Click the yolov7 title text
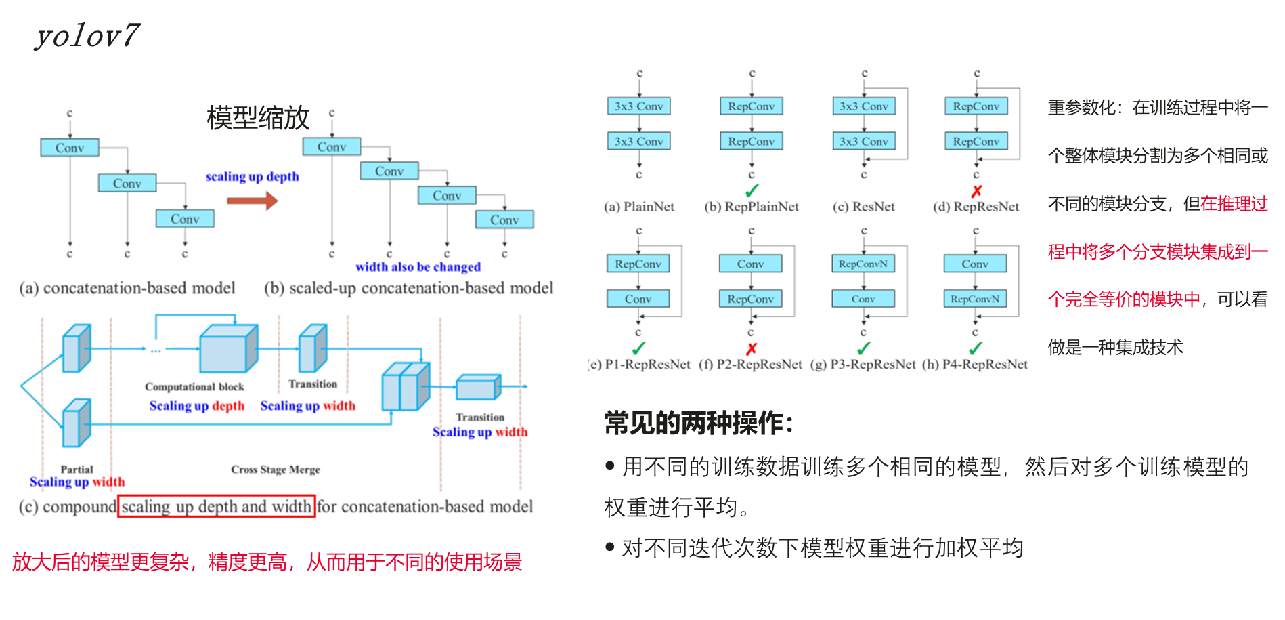(87, 35)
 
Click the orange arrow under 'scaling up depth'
(252, 201)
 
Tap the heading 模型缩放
(258, 118)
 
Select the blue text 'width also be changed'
(418, 267)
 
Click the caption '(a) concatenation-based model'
(127, 288)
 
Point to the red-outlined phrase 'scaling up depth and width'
(217, 506)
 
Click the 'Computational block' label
(194, 387)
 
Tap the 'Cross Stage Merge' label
(276, 470)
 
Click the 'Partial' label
(77, 469)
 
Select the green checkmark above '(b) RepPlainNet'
(752, 191)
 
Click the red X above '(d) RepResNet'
(976, 191)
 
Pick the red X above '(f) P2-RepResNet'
(751, 349)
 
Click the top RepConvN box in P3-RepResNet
(863, 264)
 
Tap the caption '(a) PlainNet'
(638, 207)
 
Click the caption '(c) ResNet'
(863, 207)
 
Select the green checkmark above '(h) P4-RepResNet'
(975, 349)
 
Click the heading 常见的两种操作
(698, 423)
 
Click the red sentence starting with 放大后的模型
(267, 562)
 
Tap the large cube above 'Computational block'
(227, 348)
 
